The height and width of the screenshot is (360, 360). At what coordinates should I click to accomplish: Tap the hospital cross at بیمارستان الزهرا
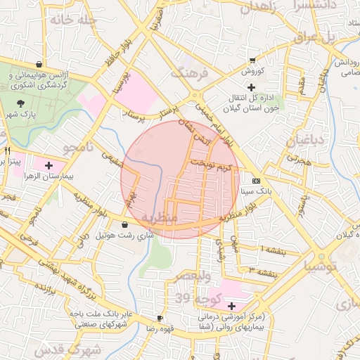coord(48,166)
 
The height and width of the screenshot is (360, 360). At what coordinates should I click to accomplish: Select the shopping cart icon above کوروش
coord(252,60)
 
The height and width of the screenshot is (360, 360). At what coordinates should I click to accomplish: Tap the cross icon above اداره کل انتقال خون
coord(251,86)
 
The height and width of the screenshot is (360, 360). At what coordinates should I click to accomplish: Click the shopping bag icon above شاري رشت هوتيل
coord(124,225)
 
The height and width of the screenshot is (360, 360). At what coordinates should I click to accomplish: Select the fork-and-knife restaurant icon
coord(8,150)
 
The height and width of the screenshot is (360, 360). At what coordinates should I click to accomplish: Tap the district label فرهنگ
coord(188,72)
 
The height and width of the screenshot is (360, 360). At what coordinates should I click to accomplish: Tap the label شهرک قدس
coord(70,349)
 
